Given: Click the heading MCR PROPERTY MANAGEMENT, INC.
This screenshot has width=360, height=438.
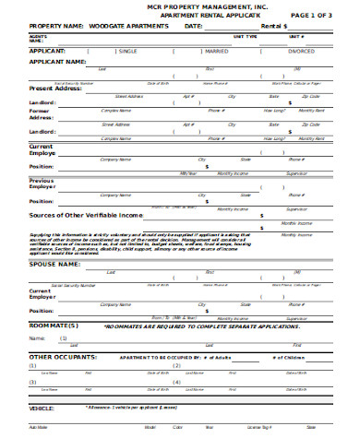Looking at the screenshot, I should pyautogui.click(x=180, y=6).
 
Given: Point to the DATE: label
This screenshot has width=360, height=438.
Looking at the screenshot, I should pyautogui.click(x=193, y=27).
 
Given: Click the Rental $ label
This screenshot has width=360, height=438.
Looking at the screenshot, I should pyautogui.click(x=275, y=27).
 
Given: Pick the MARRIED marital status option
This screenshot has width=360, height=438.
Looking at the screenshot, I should pyautogui.click(x=216, y=52).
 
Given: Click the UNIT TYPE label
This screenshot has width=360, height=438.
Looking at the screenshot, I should pyautogui.click(x=245, y=36).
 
